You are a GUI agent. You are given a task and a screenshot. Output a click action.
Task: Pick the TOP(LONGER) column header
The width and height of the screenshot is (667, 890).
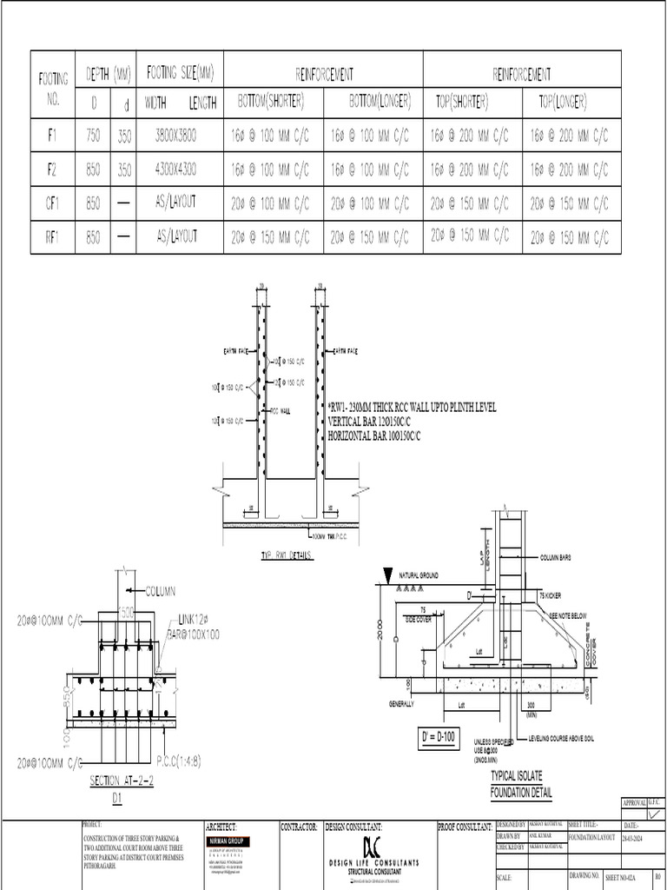pyautogui.click(x=563, y=102)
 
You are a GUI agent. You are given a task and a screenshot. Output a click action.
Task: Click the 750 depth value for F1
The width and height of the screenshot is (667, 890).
pyautogui.click(x=92, y=136)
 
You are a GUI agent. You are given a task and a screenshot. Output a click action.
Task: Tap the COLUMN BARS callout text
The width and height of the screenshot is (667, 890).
pyautogui.click(x=563, y=557)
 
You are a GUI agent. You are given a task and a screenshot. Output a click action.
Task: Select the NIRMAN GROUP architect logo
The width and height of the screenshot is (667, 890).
pyautogui.click(x=228, y=842)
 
